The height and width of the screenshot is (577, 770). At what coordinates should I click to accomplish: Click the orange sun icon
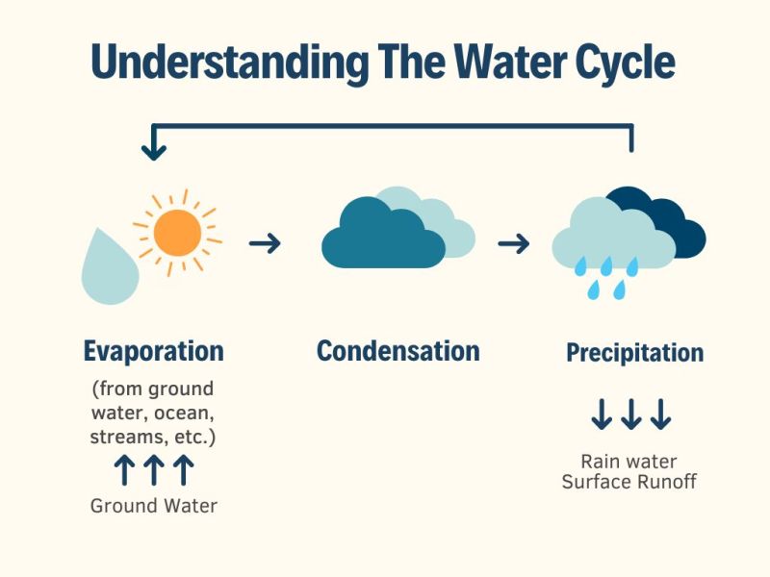(177, 232)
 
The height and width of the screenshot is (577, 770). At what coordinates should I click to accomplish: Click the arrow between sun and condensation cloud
(265, 243)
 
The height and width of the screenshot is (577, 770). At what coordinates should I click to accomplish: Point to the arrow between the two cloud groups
(514, 243)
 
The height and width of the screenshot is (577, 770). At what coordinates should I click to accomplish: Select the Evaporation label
(153, 351)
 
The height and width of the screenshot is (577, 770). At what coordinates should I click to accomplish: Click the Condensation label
(398, 351)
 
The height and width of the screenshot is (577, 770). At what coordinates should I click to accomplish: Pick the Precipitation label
(634, 353)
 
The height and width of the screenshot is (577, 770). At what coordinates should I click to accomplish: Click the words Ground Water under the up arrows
(154, 505)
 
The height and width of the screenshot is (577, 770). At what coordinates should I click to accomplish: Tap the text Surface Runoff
(629, 481)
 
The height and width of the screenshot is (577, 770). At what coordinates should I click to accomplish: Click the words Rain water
(629, 462)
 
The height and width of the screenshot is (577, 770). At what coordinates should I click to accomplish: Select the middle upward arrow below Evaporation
(154, 471)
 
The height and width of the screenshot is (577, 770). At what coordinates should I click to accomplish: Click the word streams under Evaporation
(125, 438)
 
